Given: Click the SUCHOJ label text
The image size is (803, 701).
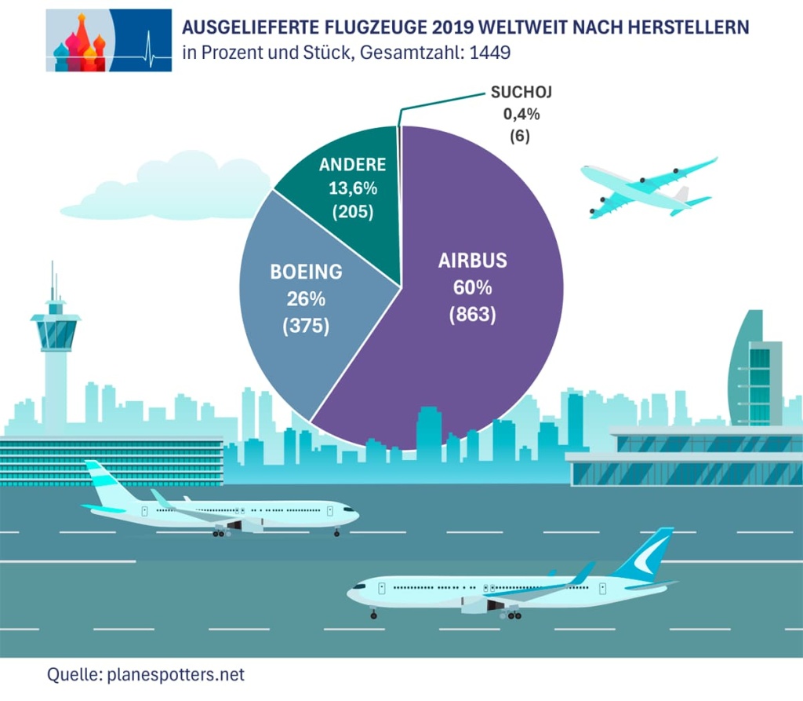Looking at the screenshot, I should pos(521,93).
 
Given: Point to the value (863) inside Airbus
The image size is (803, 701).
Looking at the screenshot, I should pos(472,315).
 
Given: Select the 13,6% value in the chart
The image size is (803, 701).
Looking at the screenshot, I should pos(352,188).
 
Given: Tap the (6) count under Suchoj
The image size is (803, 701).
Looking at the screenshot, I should pos(521,135).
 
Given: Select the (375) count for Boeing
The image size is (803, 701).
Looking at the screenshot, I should pos(307,325).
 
